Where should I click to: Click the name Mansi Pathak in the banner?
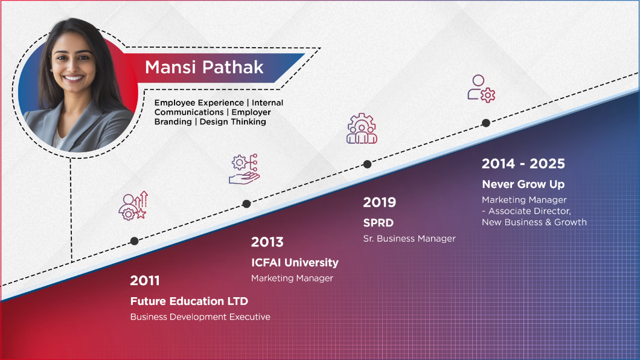(x=204, y=66)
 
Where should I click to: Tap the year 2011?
(x=145, y=281)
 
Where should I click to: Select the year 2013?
(x=267, y=242)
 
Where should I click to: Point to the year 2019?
(x=379, y=202)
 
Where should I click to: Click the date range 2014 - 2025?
(x=523, y=164)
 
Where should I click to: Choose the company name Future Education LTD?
(x=189, y=301)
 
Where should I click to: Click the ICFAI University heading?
(x=295, y=263)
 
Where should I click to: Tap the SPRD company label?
(x=378, y=223)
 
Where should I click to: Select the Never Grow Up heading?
(x=523, y=184)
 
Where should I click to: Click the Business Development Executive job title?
(x=200, y=317)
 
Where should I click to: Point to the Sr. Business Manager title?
(x=409, y=239)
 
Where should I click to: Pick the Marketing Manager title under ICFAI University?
(x=292, y=278)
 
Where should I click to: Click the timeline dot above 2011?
(x=134, y=241)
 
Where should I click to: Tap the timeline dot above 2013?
(x=246, y=204)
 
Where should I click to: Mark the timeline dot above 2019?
(x=367, y=164)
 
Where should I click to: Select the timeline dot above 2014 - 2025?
(x=485, y=123)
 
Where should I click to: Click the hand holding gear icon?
(x=244, y=169)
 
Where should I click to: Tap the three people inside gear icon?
(x=362, y=129)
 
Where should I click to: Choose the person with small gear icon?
(x=481, y=88)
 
